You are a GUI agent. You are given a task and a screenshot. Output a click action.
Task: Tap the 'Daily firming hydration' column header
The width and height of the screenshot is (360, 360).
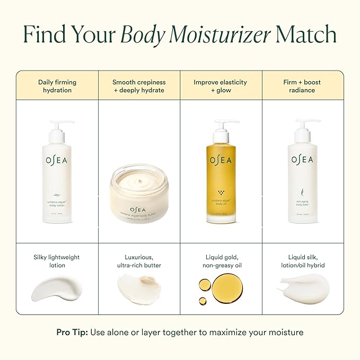coord(57,86)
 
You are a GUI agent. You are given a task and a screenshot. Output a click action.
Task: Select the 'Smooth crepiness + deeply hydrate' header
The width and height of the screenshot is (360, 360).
coord(138,86)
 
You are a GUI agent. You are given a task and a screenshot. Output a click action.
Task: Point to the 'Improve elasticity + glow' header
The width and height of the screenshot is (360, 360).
coord(220,86)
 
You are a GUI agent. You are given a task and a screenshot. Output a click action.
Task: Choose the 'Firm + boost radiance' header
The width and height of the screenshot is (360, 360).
coord(302,86)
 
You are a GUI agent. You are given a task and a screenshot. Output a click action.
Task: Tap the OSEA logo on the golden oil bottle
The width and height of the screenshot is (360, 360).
coord(221,160)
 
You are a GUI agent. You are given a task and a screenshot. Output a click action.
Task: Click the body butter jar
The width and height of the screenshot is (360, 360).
coord(138,191)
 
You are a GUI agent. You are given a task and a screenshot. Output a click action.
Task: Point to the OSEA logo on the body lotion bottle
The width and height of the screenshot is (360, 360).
coord(57,160)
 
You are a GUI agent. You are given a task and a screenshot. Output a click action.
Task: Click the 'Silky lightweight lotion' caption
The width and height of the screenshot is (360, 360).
coord(57,261)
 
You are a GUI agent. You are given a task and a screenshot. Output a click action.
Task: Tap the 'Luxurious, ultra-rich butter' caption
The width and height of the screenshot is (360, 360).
coord(138,261)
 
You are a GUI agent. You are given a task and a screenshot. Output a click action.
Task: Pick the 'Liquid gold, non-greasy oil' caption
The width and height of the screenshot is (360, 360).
coord(220,261)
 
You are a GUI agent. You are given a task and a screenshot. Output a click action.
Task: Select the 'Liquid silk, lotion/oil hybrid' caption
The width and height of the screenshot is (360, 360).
coord(302,261)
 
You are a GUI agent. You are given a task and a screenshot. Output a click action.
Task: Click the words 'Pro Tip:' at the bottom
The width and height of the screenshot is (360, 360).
coord(72,332)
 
